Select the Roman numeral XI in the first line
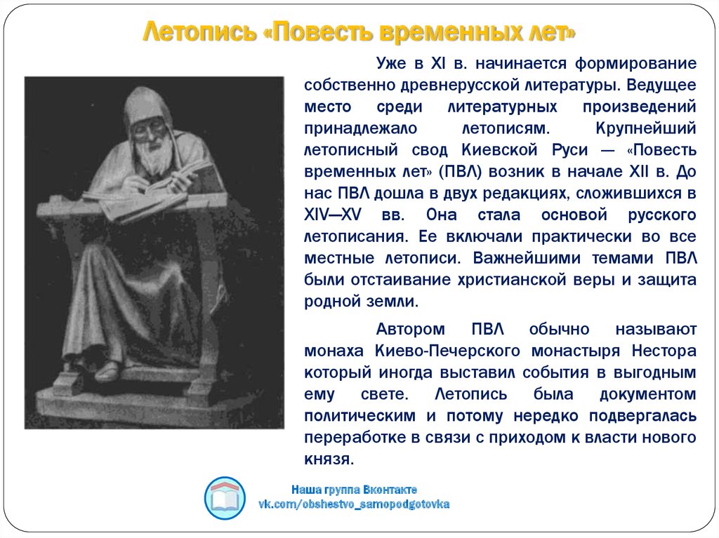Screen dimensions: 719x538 (438, 63)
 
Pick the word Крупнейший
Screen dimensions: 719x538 (646, 129)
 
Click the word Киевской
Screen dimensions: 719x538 (499, 150)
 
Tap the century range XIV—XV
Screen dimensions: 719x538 (333, 215)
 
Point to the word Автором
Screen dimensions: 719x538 (410, 330)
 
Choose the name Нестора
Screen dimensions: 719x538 (664, 351)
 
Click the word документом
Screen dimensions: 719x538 (648, 395)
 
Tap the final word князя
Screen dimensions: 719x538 (329, 459)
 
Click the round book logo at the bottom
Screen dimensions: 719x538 (225, 498)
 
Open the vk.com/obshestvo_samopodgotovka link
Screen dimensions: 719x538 (354, 504)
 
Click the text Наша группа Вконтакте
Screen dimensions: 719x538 (354, 490)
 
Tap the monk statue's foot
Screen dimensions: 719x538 (107, 371)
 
